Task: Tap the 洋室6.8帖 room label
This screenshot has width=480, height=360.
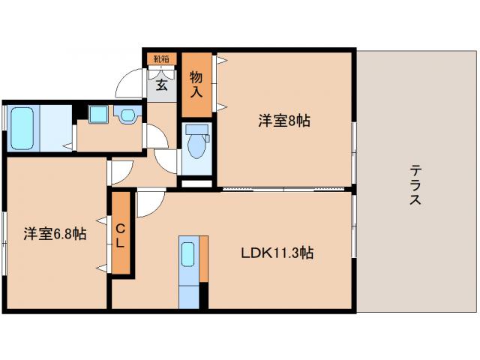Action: tap(54, 234)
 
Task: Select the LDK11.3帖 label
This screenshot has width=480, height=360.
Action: tap(277, 253)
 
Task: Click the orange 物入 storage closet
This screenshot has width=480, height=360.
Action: tap(196, 84)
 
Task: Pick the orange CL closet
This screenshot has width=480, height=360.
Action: tap(120, 232)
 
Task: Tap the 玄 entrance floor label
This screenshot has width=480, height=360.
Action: tap(162, 84)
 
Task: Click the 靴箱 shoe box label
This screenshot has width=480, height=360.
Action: tap(160, 58)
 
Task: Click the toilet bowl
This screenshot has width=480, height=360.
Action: tap(197, 145)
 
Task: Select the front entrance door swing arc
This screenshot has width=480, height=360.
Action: tap(132, 82)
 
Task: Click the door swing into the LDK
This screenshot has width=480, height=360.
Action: tap(148, 201)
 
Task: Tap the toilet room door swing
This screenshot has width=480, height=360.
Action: tap(166, 159)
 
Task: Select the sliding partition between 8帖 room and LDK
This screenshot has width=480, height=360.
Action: tap(285, 187)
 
